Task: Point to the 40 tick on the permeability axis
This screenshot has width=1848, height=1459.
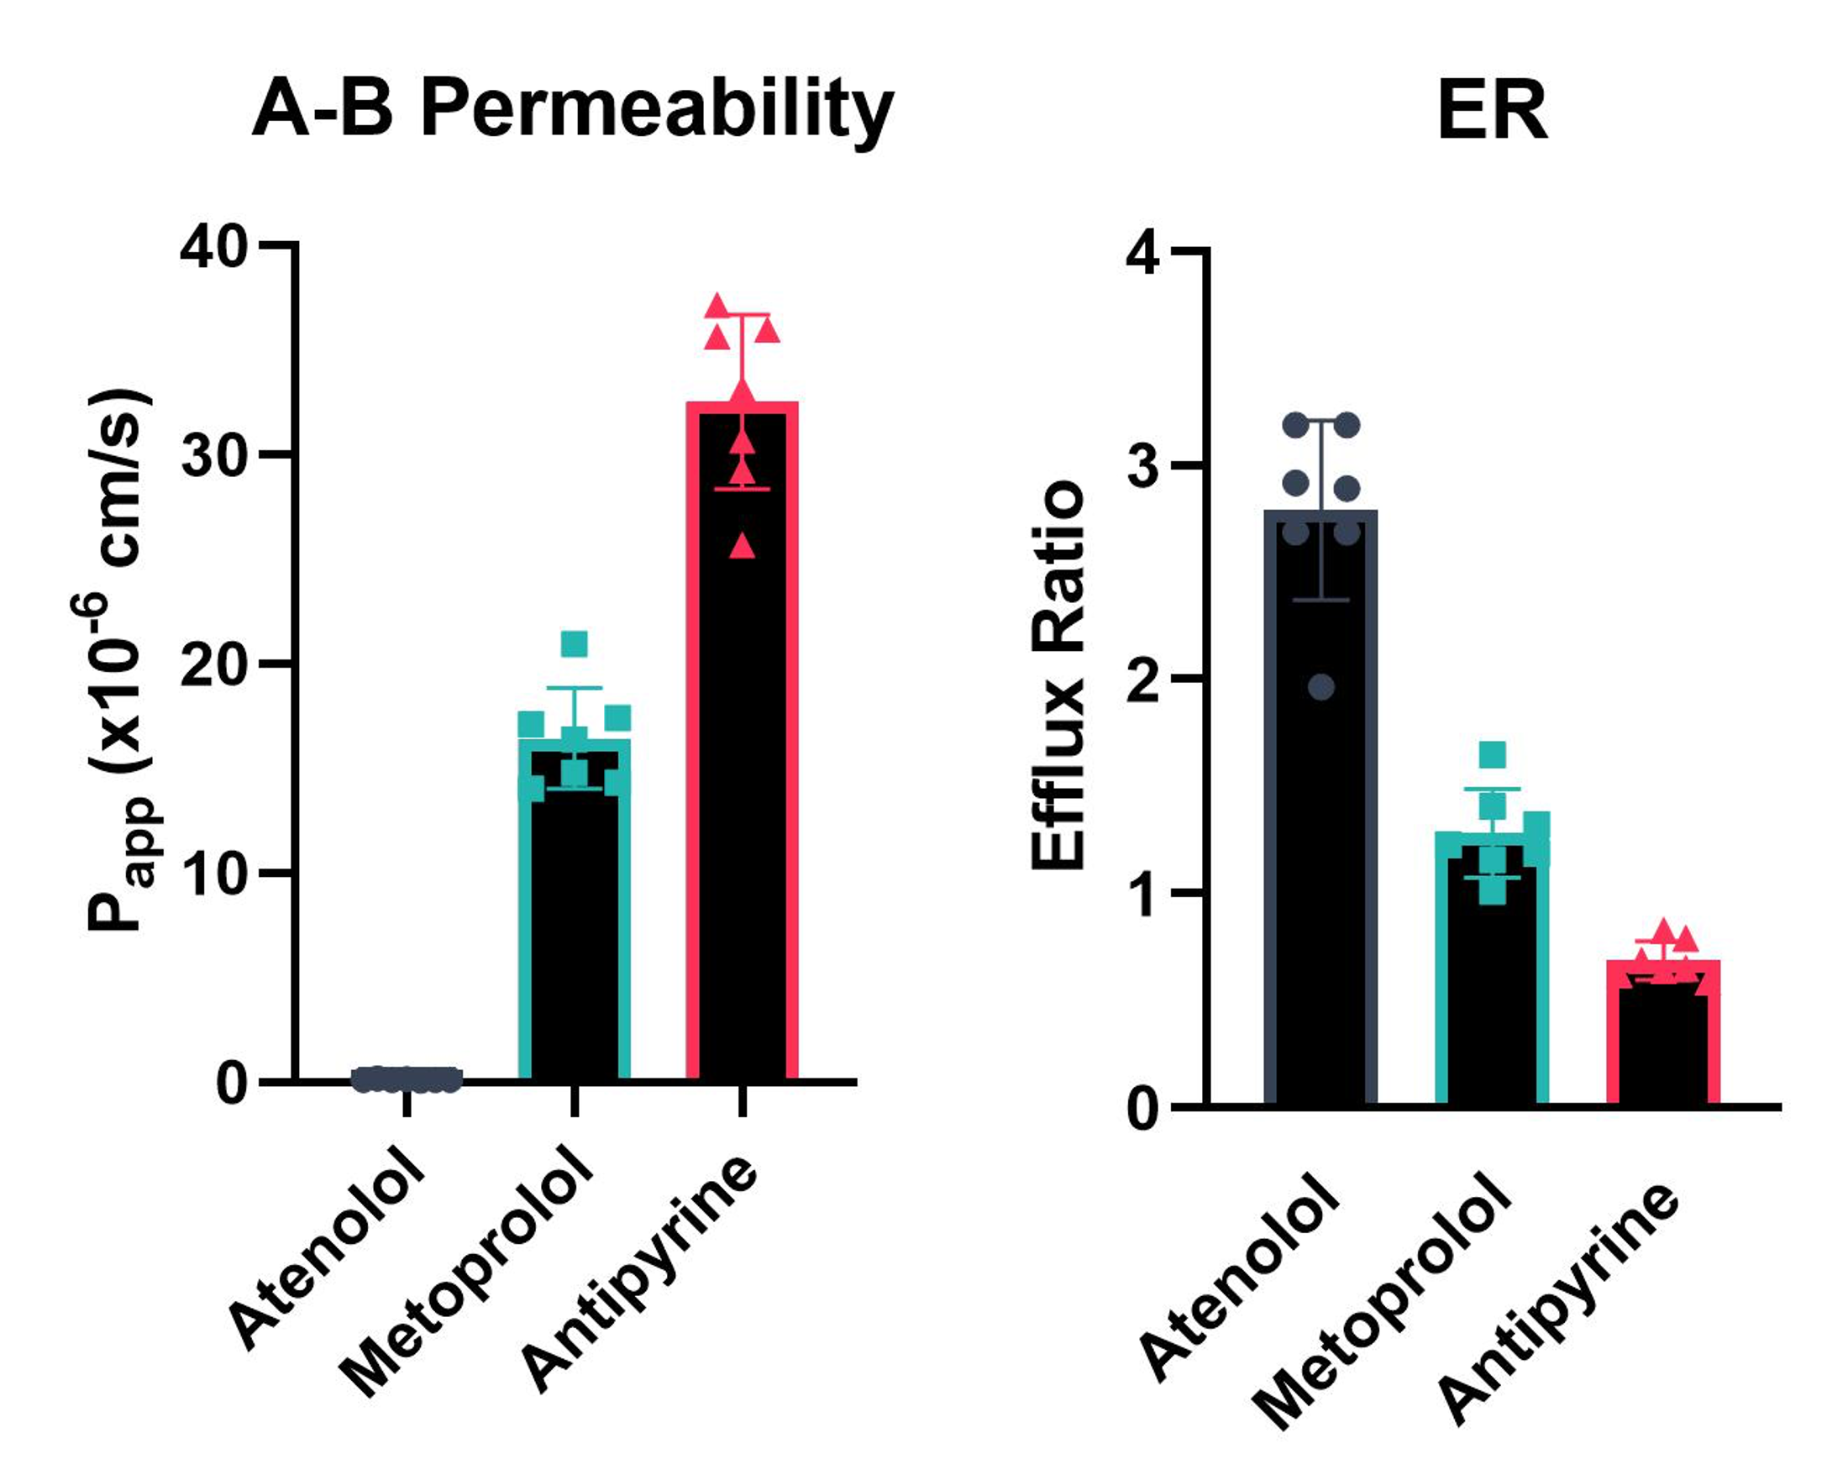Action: (213, 248)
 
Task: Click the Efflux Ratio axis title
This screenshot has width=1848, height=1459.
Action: (1058, 674)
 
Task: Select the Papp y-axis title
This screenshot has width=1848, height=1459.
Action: (119, 658)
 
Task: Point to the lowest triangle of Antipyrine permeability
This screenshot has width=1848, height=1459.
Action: (743, 545)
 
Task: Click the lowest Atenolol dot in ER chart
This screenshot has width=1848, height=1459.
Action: (1320, 687)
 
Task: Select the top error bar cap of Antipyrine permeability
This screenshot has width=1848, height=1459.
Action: (743, 315)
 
